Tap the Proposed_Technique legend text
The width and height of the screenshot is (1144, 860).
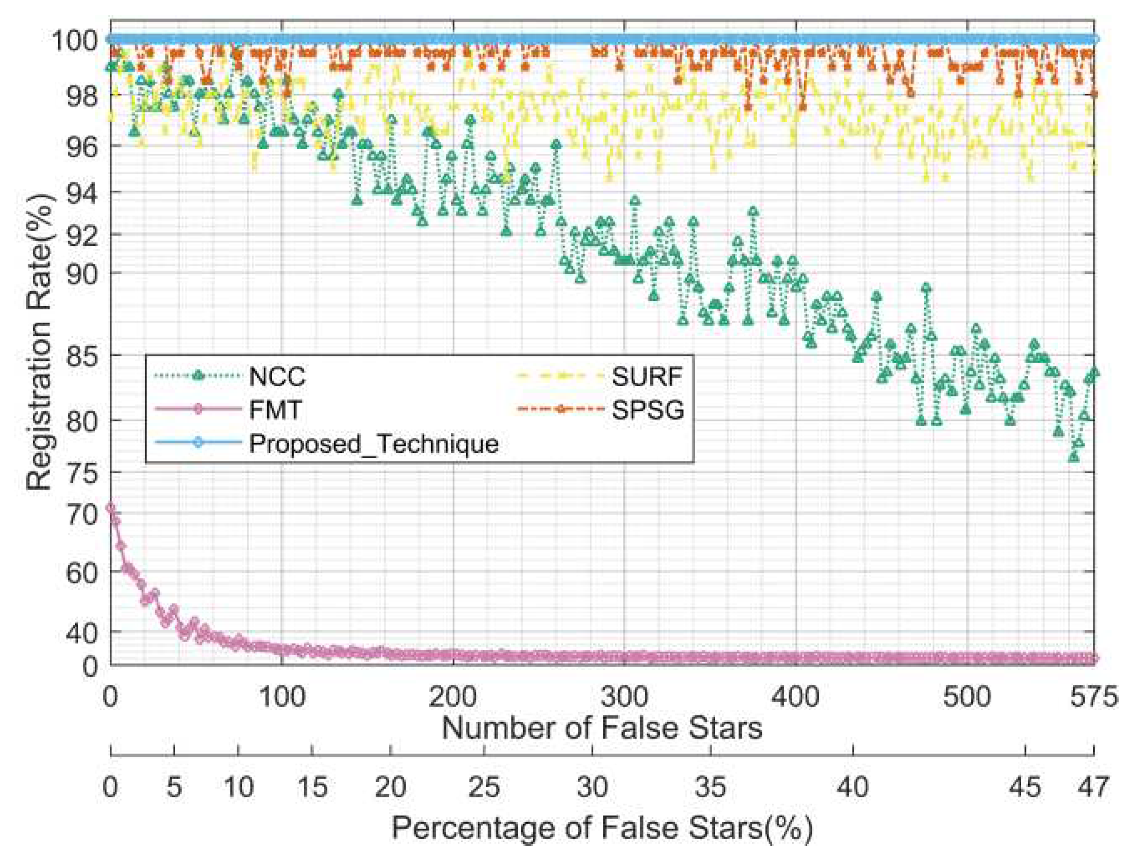[374, 444]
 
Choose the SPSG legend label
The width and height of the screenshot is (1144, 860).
[648, 410]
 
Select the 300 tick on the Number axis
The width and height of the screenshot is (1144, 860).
[624, 697]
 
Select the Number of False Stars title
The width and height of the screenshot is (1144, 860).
[601, 728]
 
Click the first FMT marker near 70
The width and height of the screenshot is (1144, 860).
[110, 508]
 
